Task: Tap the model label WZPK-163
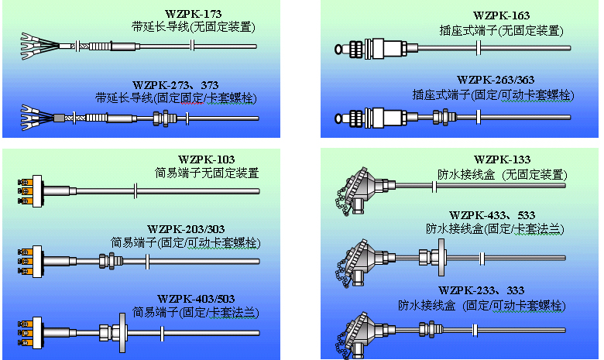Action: [x=501, y=15]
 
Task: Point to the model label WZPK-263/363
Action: [x=496, y=80]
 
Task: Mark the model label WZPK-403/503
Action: [x=196, y=298]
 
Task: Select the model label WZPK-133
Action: [x=501, y=159]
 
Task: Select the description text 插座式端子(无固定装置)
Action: [x=501, y=29]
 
